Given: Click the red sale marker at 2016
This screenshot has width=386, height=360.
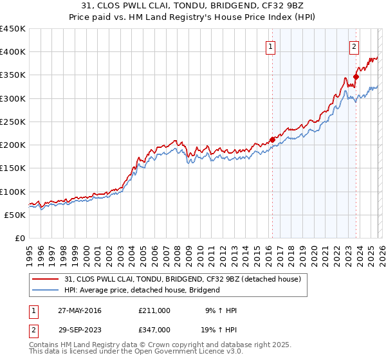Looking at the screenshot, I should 272,139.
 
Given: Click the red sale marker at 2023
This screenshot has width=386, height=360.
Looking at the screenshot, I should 356,76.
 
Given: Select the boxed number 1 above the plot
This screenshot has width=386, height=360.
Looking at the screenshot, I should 271,46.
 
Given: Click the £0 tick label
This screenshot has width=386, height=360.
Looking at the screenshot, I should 19,238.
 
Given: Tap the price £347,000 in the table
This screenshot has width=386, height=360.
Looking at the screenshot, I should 154,329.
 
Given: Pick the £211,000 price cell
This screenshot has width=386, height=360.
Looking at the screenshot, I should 154,310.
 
